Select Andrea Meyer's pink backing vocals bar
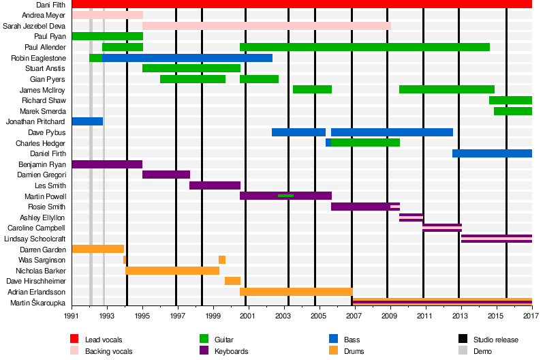107,15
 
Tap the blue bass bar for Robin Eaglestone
187,58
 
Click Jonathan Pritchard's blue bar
87,121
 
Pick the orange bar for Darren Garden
97,249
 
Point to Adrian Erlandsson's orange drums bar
296,292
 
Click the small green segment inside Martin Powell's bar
285,196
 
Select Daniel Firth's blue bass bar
492,153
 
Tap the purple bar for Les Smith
215,185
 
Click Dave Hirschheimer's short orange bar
232,281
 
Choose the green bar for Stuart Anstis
191,68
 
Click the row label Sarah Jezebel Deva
35,26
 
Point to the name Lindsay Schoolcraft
35,239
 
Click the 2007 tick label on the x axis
353,317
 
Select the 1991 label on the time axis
72,317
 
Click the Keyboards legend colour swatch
202,351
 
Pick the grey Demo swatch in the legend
463,351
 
